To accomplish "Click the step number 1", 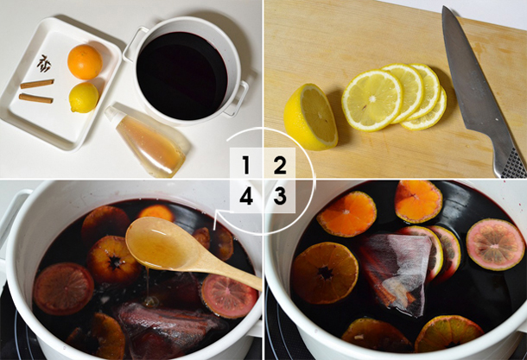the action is click(x=246, y=165).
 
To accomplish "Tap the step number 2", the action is click(x=280, y=165).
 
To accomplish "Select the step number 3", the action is click(x=280, y=196).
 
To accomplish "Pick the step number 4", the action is click(x=246, y=196).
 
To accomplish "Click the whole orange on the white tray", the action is click(x=85, y=62).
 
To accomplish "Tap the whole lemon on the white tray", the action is click(x=84, y=98).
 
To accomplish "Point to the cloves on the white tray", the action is click(x=44, y=63).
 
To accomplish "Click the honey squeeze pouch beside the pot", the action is click(x=147, y=141).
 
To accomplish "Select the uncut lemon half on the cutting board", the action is click(x=310, y=117).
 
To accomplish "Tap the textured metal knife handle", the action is click(x=511, y=163).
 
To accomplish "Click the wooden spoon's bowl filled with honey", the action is click(x=158, y=243).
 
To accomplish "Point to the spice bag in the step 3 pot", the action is click(x=397, y=272).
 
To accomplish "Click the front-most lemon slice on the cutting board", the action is click(x=371, y=100).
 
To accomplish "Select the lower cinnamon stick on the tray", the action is click(x=36, y=98).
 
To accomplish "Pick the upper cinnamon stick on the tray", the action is click(x=37, y=83).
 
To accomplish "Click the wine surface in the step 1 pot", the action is click(x=181, y=76).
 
